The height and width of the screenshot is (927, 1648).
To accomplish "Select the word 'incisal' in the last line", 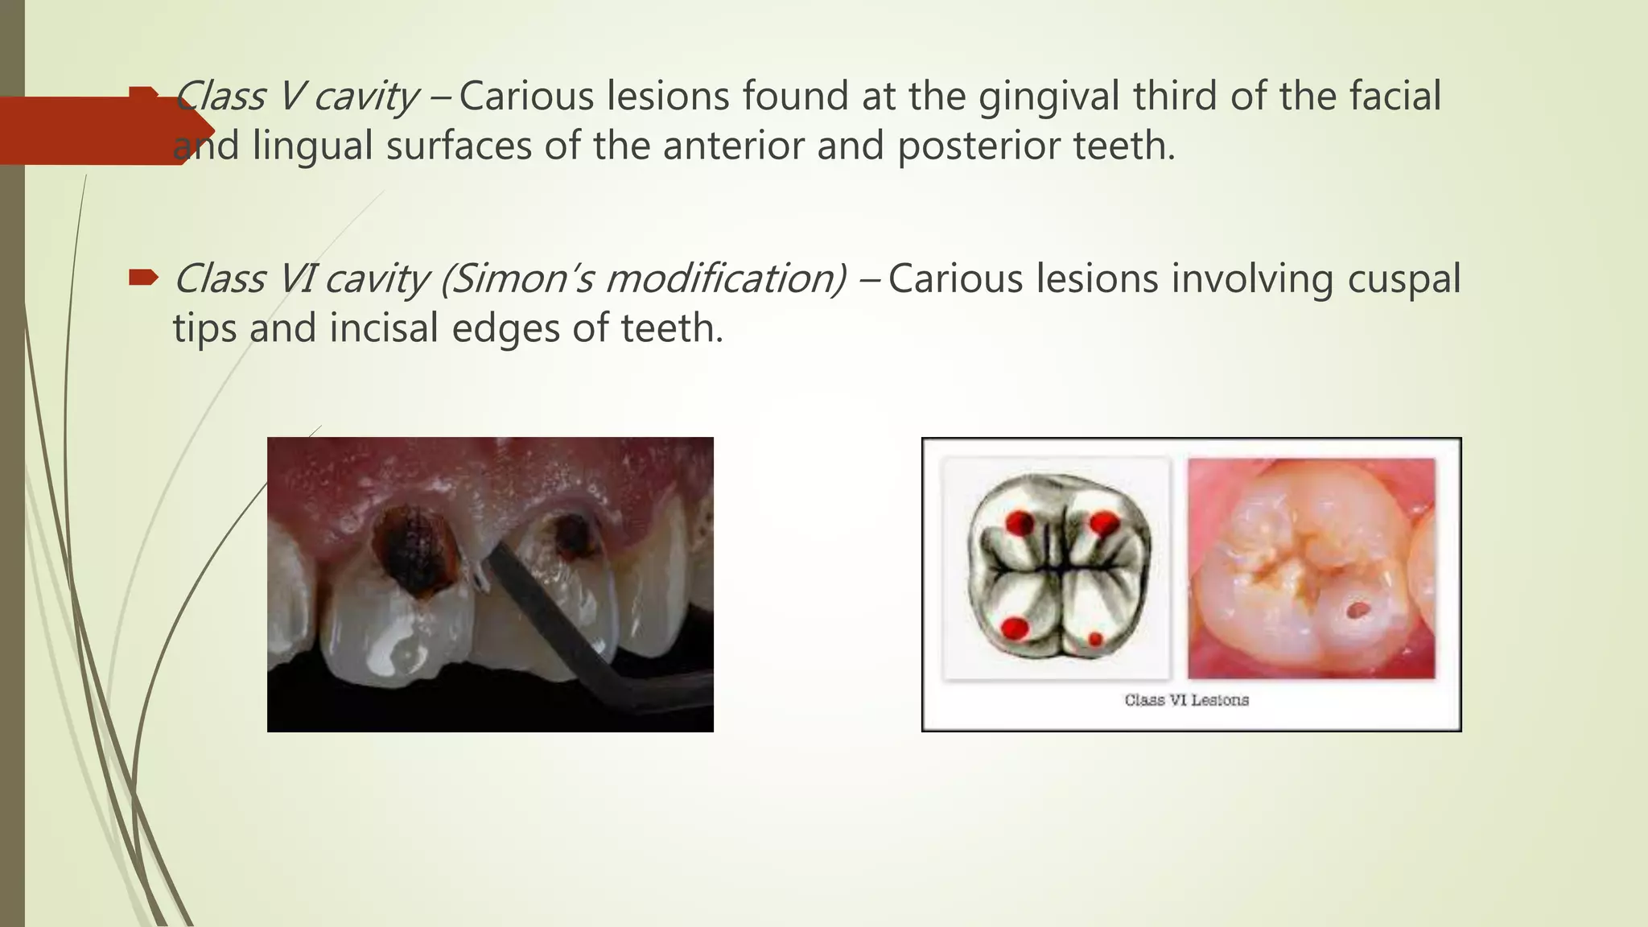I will pyautogui.click(x=385, y=328).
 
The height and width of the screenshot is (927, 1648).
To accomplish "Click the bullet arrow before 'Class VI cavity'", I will pyautogui.click(x=144, y=278).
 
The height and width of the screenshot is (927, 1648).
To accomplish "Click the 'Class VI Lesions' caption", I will pyautogui.click(x=1186, y=700).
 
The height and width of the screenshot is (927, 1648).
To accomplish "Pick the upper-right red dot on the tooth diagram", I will pyautogui.click(x=1103, y=525).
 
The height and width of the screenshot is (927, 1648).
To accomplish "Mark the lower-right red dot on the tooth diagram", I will pyautogui.click(x=1095, y=640).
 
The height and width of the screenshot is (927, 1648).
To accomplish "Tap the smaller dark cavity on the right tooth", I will pyautogui.click(x=573, y=534).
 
